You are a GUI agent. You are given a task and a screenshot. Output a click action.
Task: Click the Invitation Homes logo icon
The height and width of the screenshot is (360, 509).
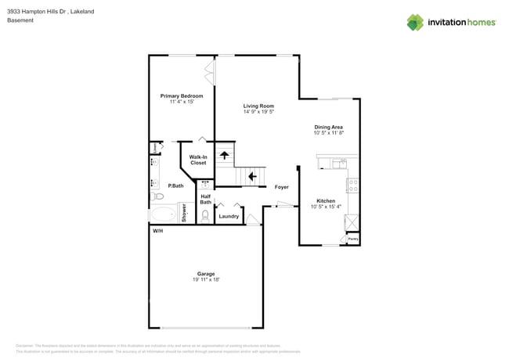[x=415, y=22]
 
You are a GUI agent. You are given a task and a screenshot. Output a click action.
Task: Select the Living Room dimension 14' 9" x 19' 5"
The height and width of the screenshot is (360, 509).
[x=258, y=112]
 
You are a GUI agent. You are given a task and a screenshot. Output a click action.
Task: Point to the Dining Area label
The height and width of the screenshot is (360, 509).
[x=328, y=127]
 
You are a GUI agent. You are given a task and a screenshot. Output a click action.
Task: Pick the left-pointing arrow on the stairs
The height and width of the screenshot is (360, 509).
[x=252, y=178]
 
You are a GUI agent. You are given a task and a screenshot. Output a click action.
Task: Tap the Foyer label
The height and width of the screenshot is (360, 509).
[x=281, y=187]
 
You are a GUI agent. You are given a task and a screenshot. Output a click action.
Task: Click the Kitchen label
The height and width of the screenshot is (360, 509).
[x=326, y=200]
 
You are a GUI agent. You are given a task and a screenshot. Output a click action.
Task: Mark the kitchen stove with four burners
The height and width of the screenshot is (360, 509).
[x=352, y=186]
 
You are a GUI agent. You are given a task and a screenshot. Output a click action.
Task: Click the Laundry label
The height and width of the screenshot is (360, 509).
[x=229, y=216]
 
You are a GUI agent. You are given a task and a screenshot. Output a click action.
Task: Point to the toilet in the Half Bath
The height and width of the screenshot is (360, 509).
[x=205, y=215]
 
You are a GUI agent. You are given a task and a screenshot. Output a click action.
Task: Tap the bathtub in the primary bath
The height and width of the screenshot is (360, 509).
[x=165, y=214]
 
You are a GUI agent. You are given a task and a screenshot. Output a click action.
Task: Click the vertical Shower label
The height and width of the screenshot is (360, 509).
[x=185, y=212]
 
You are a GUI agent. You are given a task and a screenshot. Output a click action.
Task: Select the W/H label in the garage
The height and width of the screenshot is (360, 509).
[x=157, y=231]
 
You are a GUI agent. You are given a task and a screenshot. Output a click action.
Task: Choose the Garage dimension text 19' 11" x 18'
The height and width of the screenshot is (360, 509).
[x=206, y=279]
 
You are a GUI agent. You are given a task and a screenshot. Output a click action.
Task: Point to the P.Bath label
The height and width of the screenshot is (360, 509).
[x=175, y=185]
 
